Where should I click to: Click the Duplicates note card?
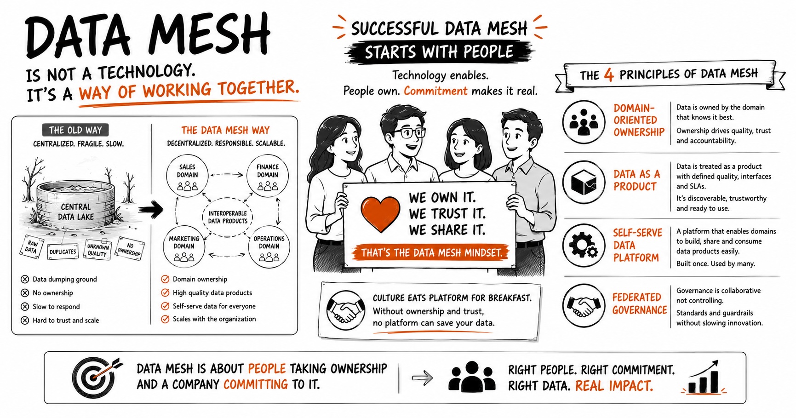click(63, 252)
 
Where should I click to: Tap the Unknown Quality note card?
click(97, 250)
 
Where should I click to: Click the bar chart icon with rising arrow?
click(704, 378)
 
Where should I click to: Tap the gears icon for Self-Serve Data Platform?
click(584, 245)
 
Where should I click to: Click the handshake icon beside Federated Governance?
click(584, 305)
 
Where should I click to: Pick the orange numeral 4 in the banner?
click(609, 74)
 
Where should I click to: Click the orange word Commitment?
click(435, 91)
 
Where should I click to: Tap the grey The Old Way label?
click(75, 130)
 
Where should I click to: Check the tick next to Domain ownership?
click(165, 279)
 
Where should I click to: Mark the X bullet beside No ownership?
click(25, 293)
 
